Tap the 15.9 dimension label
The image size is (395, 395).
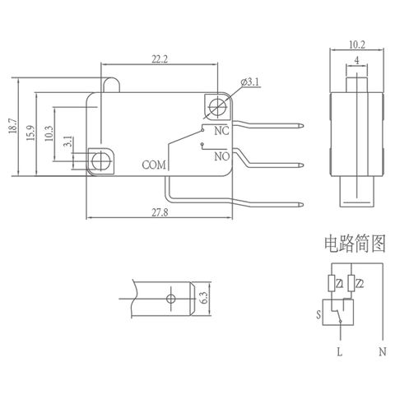[31, 133]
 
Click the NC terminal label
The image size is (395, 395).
[221, 131]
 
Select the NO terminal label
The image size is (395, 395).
[221, 156]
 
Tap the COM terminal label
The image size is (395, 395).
[154, 165]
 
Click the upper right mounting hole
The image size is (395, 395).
[217, 106]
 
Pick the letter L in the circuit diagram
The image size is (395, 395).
[340, 351]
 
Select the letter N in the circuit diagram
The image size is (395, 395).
[382, 351]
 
